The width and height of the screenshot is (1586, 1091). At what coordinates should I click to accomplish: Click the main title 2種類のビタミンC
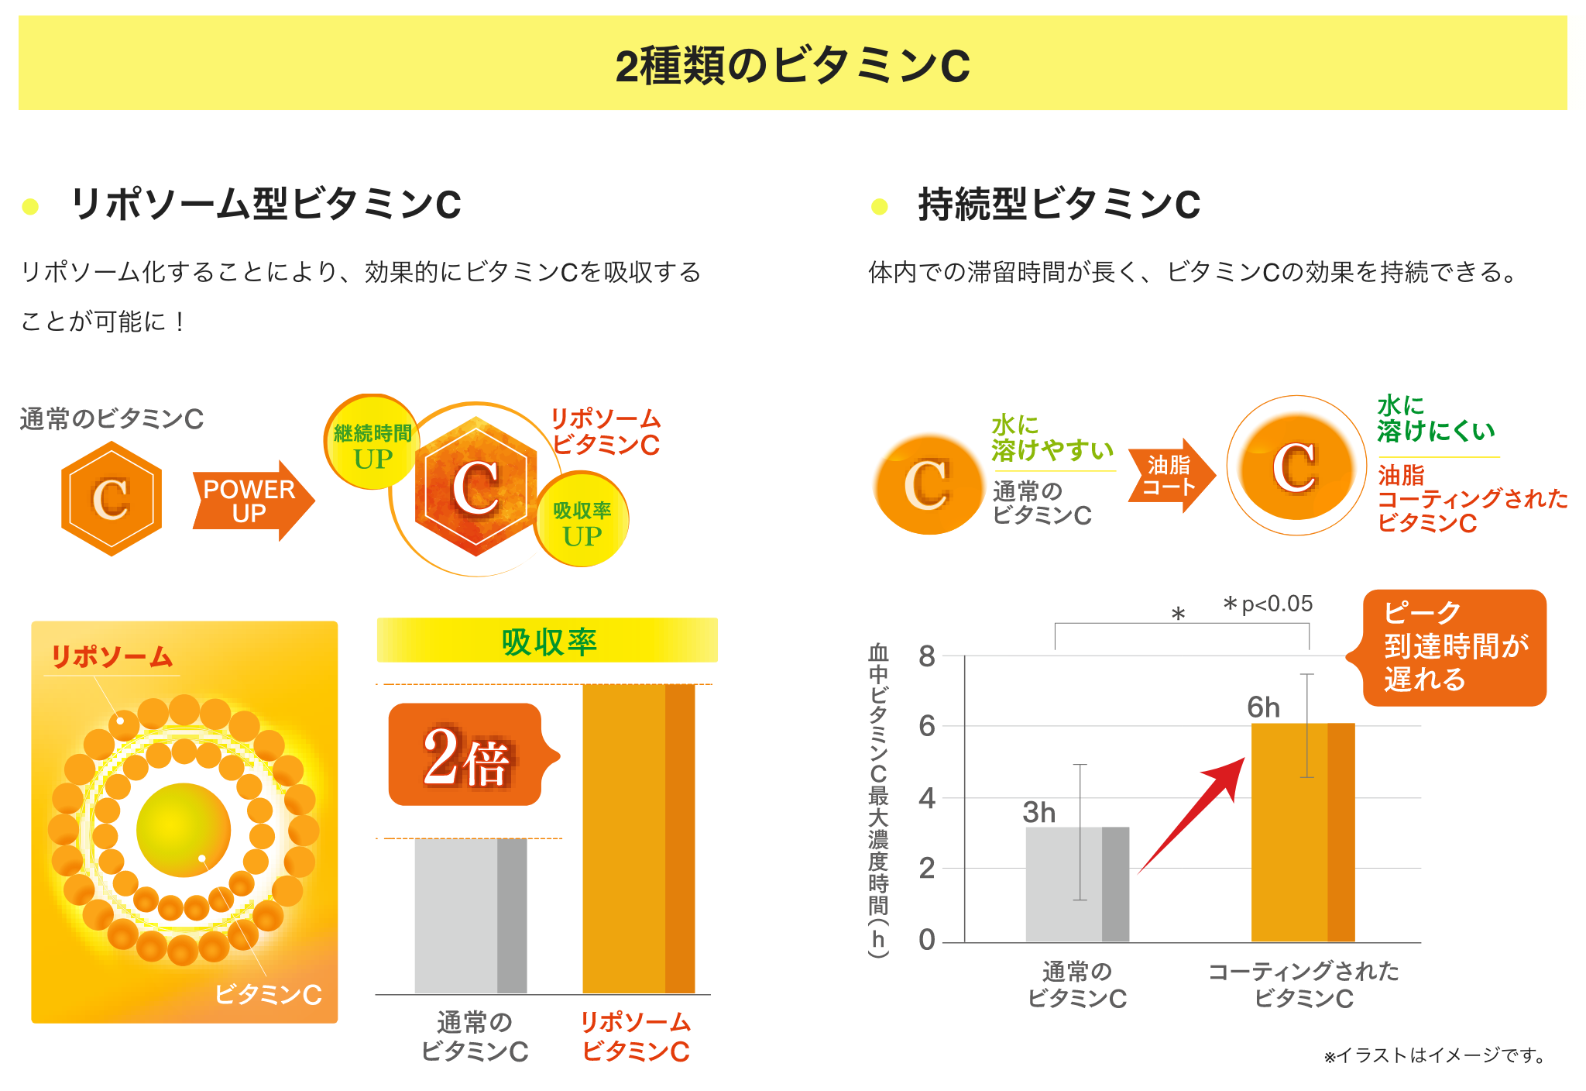click(x=792, y=65)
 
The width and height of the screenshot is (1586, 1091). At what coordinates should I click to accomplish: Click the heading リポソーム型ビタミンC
click(x=266, y=205)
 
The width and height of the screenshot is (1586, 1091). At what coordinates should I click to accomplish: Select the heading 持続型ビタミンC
click(x=1059, y=205)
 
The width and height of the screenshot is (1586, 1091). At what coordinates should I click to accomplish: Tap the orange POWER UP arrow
click(x=250, y=501)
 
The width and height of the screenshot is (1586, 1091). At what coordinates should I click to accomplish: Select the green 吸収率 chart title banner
click(x=548, y=641)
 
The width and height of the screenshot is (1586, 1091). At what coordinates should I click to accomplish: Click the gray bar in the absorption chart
click(x=470, y=915)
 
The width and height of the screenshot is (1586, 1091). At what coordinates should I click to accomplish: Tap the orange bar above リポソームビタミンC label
click(x=638, y=838)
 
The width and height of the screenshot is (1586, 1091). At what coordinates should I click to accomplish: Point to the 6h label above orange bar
click(x=1263, y=707)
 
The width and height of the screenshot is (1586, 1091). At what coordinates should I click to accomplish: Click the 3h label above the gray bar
click(x=1038, y=812)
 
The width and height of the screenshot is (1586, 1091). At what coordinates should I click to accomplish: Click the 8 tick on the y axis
click(x=926, y=657)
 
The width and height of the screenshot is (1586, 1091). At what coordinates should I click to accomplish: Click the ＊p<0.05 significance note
click(x=1268, y=604)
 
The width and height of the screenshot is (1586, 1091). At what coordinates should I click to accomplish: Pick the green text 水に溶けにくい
click(x=1435, y=418)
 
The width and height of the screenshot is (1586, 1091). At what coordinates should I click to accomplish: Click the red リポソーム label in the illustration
click(x=112, y=656)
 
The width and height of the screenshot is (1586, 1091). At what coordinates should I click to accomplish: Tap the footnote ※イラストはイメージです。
click(x=1435, y=1055)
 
